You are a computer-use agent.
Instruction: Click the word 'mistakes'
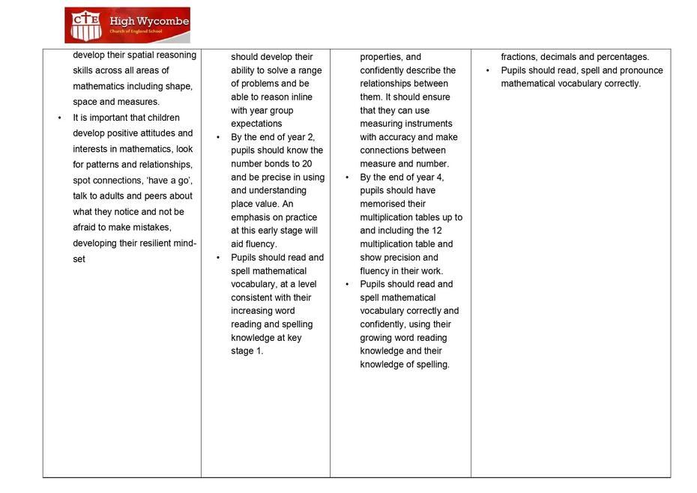[152, 227]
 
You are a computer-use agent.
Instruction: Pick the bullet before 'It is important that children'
[60, 118]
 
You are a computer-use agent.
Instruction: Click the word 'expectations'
[256, 124]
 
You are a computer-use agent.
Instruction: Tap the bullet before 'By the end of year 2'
[218, 137]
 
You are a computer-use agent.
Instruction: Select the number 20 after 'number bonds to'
[307, 163]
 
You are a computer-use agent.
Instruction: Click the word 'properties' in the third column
[381, 57]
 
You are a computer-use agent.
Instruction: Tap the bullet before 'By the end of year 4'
[347, 178]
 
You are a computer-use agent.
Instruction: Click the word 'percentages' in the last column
[622, 57]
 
